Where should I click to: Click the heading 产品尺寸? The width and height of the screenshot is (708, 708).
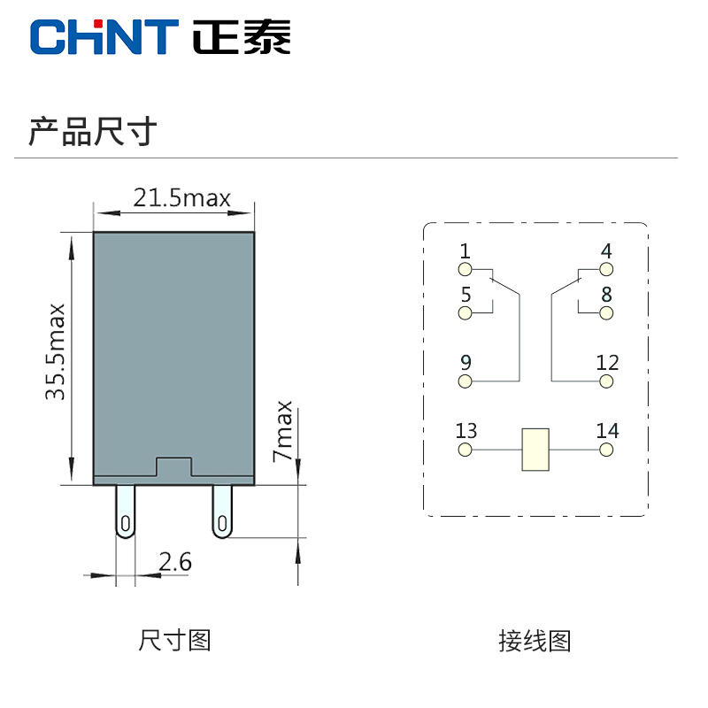(93, 131)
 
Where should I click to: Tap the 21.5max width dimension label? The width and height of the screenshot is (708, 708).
(181, 197)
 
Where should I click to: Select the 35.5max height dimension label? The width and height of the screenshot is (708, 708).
(57, 351)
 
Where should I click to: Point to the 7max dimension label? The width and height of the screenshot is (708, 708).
(282, 431)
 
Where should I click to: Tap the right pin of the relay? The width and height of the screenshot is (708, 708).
(222, 512)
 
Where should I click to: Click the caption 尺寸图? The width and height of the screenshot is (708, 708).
(174, 640)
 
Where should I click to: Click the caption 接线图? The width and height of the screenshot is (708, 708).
(535, 640)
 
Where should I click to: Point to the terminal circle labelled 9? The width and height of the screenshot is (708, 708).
(466, 381)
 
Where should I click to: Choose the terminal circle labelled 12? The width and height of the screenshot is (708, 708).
(606, 381)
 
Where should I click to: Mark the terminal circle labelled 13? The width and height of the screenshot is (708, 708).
(466, 450)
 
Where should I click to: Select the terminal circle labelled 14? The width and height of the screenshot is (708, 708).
(606, 450)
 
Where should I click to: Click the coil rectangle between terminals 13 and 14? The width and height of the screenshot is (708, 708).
(535, 450)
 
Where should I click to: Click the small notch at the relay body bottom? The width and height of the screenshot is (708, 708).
(173, 468)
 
